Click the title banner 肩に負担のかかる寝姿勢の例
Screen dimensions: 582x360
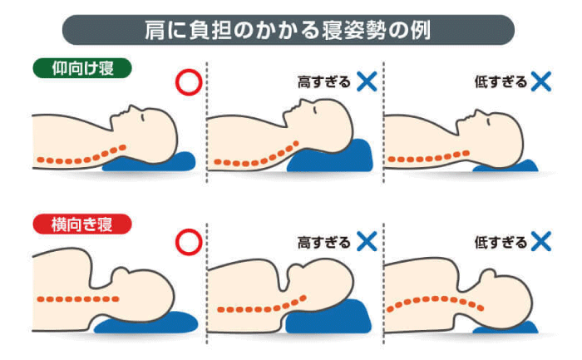[x=288, y=30]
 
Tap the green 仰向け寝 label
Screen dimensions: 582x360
[x=82, y=68]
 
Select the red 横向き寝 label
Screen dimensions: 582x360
[x=82, y=224]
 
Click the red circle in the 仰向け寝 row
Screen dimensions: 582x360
[x=189, y=82]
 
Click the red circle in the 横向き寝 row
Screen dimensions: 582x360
[x=189, y=242]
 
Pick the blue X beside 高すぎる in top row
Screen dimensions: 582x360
[x=367, y=81]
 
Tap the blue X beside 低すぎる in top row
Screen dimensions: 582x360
[x=540, y=81]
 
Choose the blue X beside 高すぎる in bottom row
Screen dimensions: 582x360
[x=367, y=241]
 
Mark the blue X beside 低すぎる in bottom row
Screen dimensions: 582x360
[x=540, y=241]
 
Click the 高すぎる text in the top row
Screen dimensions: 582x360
[x=323, y=81]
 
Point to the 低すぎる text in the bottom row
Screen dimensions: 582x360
[x=501, y=242]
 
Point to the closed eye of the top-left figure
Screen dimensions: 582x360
[x=142, y=117]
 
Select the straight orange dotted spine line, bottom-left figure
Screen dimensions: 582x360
[x=78, y=298]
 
